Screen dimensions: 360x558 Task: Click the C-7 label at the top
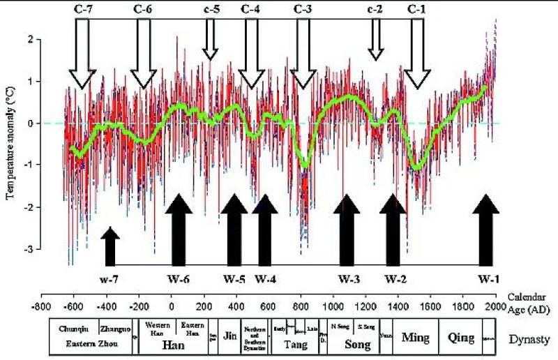click(x=82, y=9)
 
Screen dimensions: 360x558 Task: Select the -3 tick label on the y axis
click(x=29, y=249)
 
